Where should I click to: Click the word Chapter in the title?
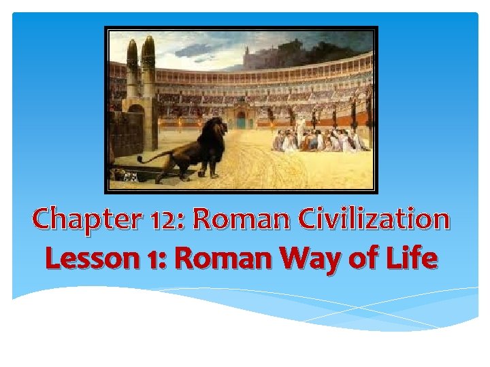click(x=74, y=220)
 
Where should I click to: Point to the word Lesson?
click(x=91, y=259)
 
